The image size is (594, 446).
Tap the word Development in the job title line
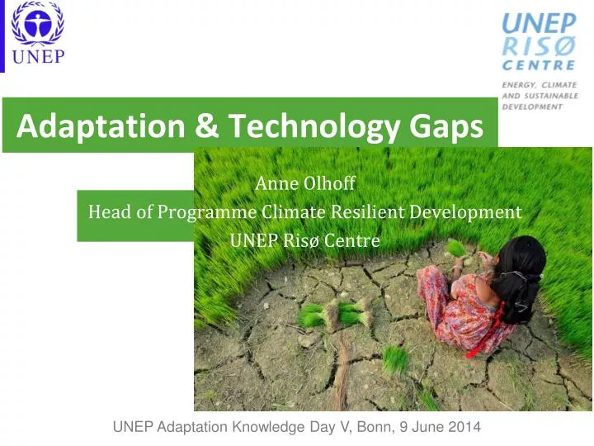pyautogui.click(x=471, y=212)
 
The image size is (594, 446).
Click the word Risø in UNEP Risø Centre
pyautogui.click(x=303, y=241)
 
